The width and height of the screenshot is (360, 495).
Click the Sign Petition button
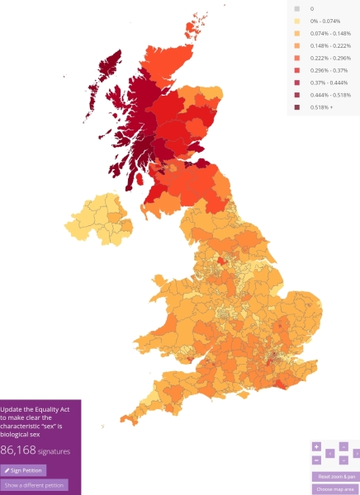23,469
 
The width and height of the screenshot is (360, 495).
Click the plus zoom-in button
316,446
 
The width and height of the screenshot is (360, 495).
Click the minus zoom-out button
316,460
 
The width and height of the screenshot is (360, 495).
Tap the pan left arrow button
329,453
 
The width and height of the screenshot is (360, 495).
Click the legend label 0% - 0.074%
327,21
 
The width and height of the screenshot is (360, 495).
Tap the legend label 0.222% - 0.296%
330,58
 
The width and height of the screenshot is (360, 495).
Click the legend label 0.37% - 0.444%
329,82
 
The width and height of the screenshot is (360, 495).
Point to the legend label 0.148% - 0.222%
330,45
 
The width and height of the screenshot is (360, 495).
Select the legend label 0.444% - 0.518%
330,95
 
